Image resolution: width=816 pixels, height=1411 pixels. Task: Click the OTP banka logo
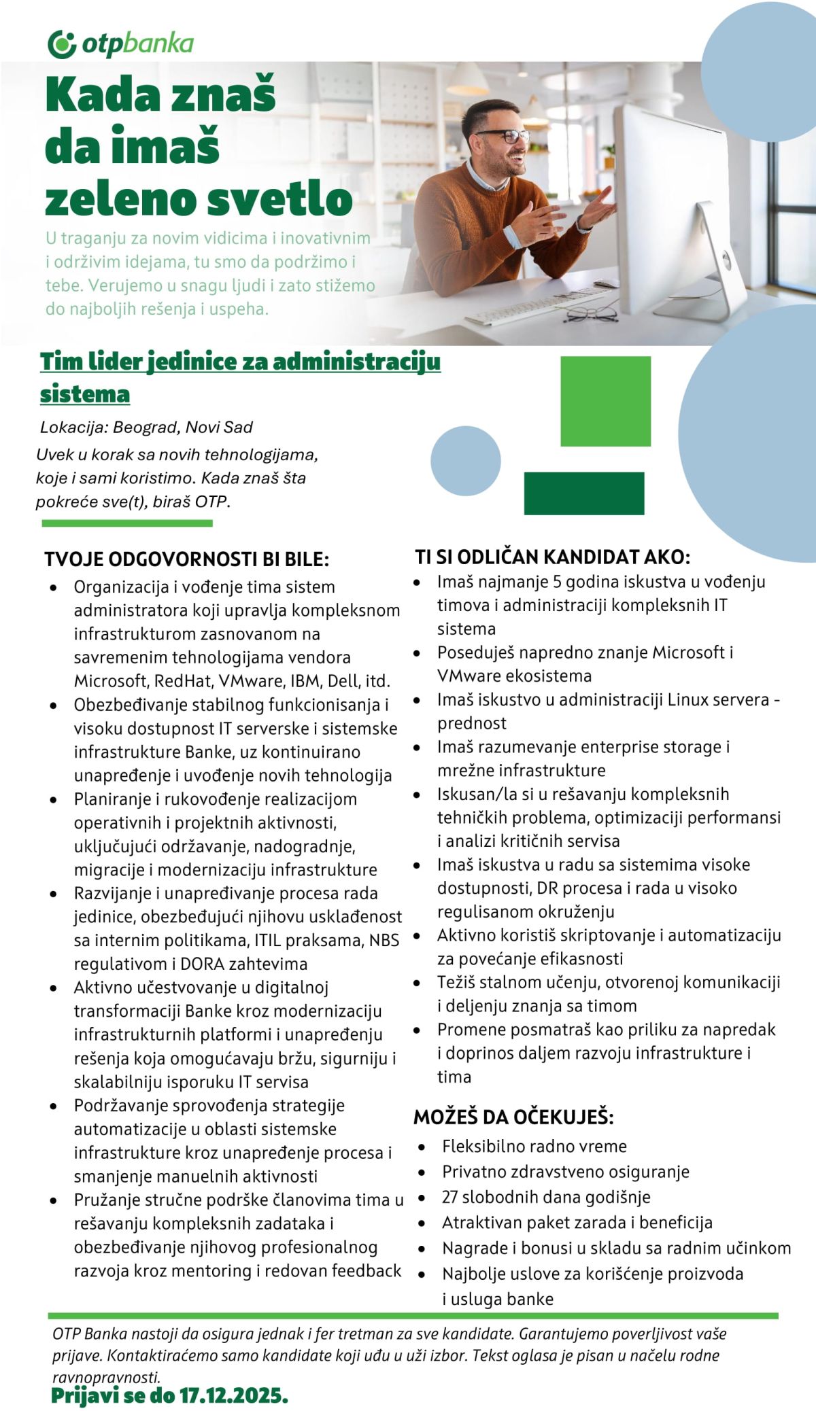coord(121,44)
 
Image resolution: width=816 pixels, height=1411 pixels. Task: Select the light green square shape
coord(605,401)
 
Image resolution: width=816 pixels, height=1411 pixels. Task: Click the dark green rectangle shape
coord(583,493)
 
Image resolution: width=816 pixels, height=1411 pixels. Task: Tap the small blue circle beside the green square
coord(466,461)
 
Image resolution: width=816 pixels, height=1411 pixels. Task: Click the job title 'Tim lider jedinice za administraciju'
coord(240,362)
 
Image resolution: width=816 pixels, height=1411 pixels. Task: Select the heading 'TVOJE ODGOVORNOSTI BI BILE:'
coord(186,559)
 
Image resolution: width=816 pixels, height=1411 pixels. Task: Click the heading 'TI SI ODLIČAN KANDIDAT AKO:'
coord(552,557)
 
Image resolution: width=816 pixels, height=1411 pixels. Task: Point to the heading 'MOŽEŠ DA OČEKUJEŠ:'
coord(513,1117)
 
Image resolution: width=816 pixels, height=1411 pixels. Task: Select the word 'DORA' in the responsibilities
coord(203,964)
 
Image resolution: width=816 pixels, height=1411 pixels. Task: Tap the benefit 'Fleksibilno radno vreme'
coord(534,1146)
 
